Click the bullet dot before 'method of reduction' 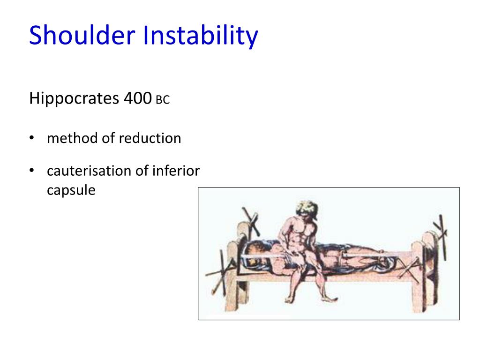31,138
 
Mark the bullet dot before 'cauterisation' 31,171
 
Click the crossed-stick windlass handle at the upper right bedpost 441,227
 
